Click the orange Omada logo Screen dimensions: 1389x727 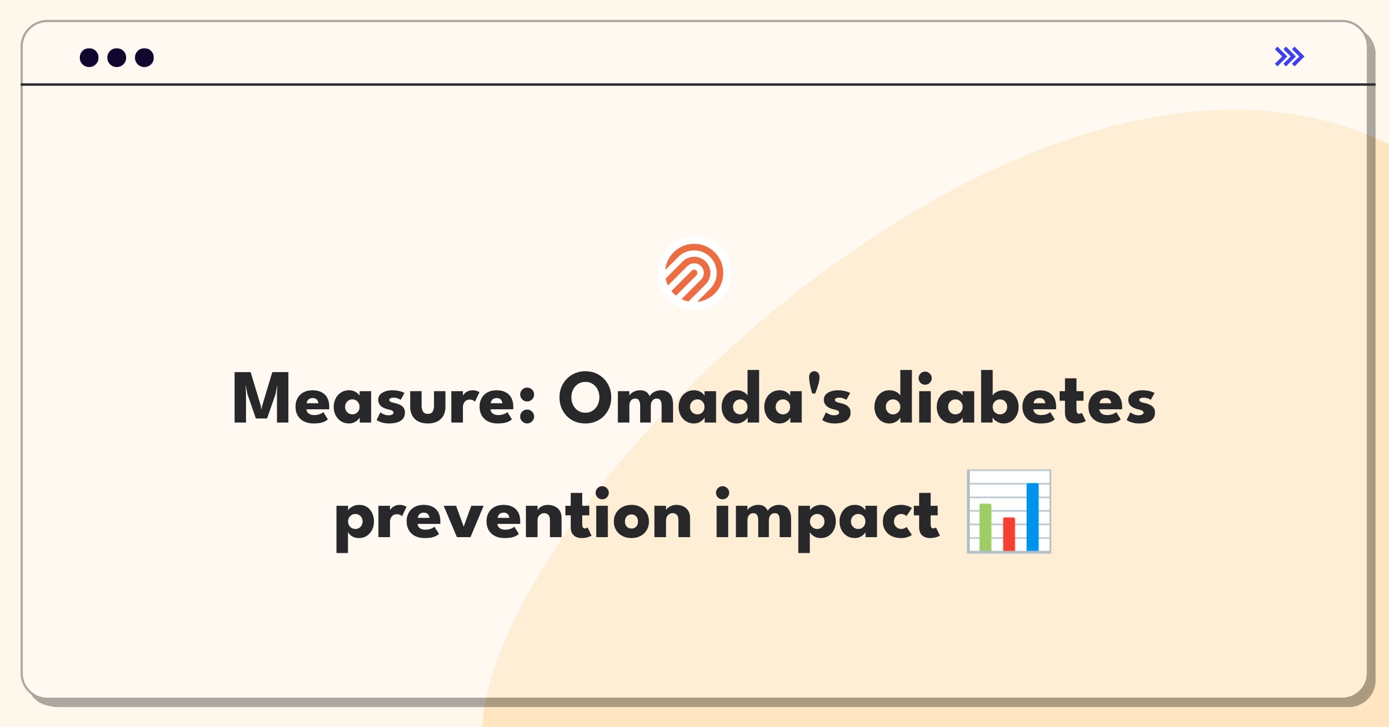694,273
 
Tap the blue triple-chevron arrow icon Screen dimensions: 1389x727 1289,57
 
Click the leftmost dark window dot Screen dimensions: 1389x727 89,57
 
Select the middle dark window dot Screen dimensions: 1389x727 117,57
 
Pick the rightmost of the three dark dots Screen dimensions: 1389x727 145,57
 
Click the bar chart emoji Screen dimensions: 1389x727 1009,512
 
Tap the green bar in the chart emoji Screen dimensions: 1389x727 985,527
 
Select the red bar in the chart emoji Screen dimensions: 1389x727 1009,534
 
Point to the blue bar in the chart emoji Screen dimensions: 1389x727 1032,517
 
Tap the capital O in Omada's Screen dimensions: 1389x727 586,398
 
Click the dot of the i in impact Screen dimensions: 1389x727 722,493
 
